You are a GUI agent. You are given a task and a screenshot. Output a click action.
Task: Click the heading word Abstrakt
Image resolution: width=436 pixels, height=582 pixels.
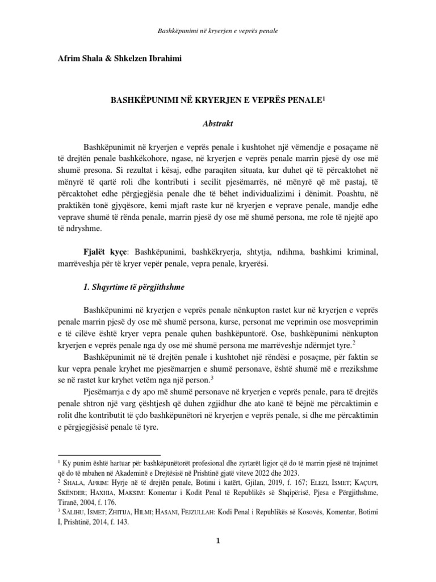point(218,123)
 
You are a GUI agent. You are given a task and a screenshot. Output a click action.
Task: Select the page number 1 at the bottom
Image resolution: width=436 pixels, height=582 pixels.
point(218,539)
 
